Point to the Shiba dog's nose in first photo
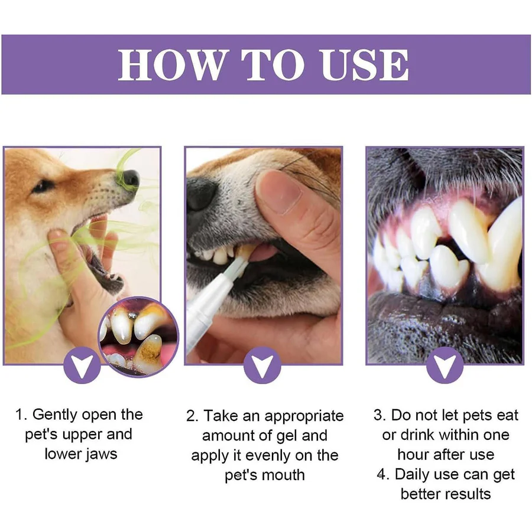pos(130,178)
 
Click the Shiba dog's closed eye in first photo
pos(43,186)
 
